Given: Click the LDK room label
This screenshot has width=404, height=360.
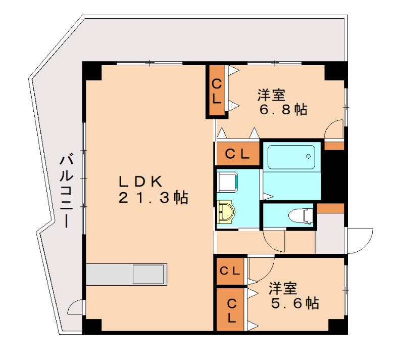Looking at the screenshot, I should [140, 181].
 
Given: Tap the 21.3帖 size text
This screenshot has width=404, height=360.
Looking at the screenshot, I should [153, 198].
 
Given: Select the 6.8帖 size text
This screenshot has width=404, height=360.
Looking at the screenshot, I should [283, 110].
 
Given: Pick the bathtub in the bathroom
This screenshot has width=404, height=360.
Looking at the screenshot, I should [291, 157].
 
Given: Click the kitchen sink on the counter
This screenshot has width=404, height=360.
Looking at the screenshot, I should [148, 275].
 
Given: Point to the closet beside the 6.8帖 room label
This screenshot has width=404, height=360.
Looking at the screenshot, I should [216, 91].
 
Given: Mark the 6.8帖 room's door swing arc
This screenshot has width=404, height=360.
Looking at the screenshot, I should [334, 129].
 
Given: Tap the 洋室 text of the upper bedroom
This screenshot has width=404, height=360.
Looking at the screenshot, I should [271, 95].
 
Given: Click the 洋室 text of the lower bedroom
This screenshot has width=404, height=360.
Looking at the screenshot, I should [282, 289].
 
